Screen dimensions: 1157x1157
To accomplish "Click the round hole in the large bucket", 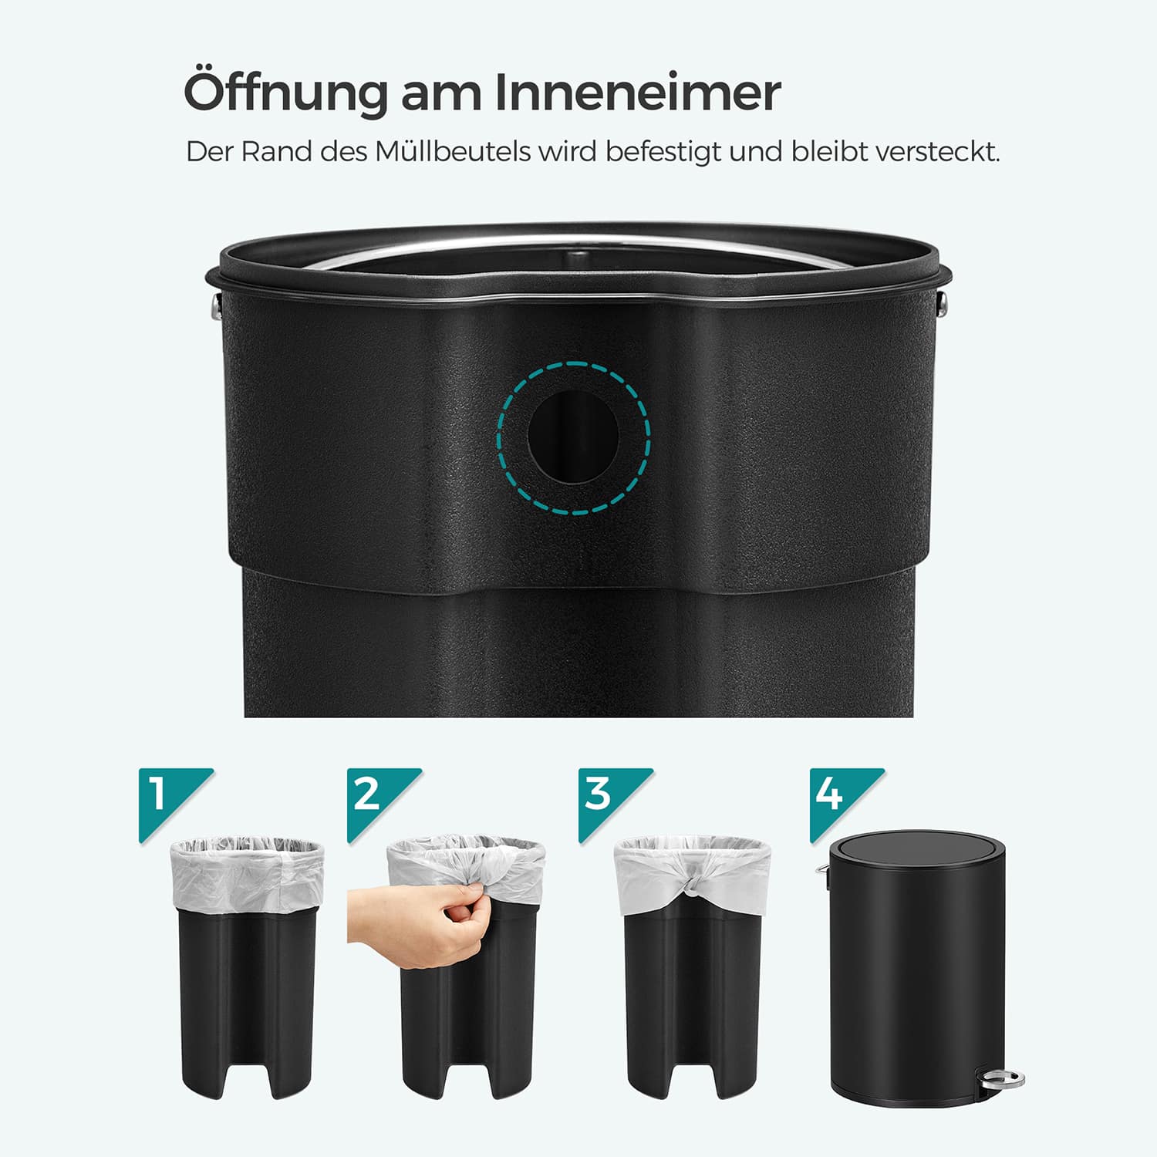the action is coord(573,437).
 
